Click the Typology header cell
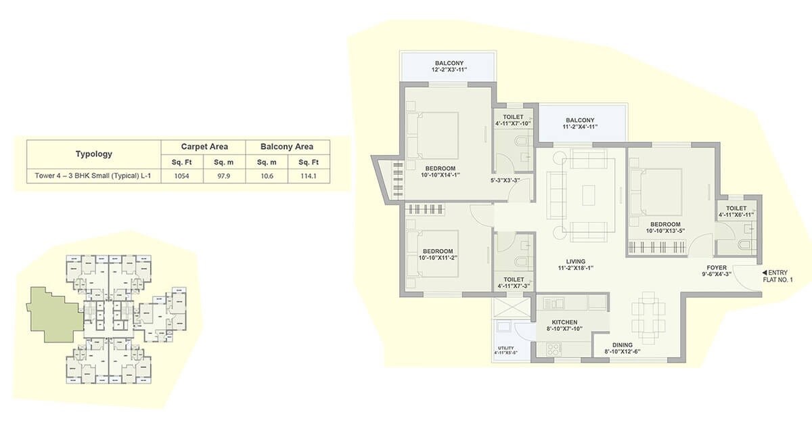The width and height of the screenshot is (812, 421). (x=93, y=154)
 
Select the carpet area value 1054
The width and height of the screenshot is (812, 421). (x=182, y=176)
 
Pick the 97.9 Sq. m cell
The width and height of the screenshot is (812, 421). (x=224, y=176)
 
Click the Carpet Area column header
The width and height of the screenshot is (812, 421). (x=204, y=146)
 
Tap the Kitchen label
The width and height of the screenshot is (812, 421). (x=564, y=326)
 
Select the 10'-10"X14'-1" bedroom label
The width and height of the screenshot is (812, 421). (x=441, y=172)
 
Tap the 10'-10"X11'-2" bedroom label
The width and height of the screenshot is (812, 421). (x=441, y=254)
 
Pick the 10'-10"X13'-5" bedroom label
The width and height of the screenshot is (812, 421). (x=665, y=227)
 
